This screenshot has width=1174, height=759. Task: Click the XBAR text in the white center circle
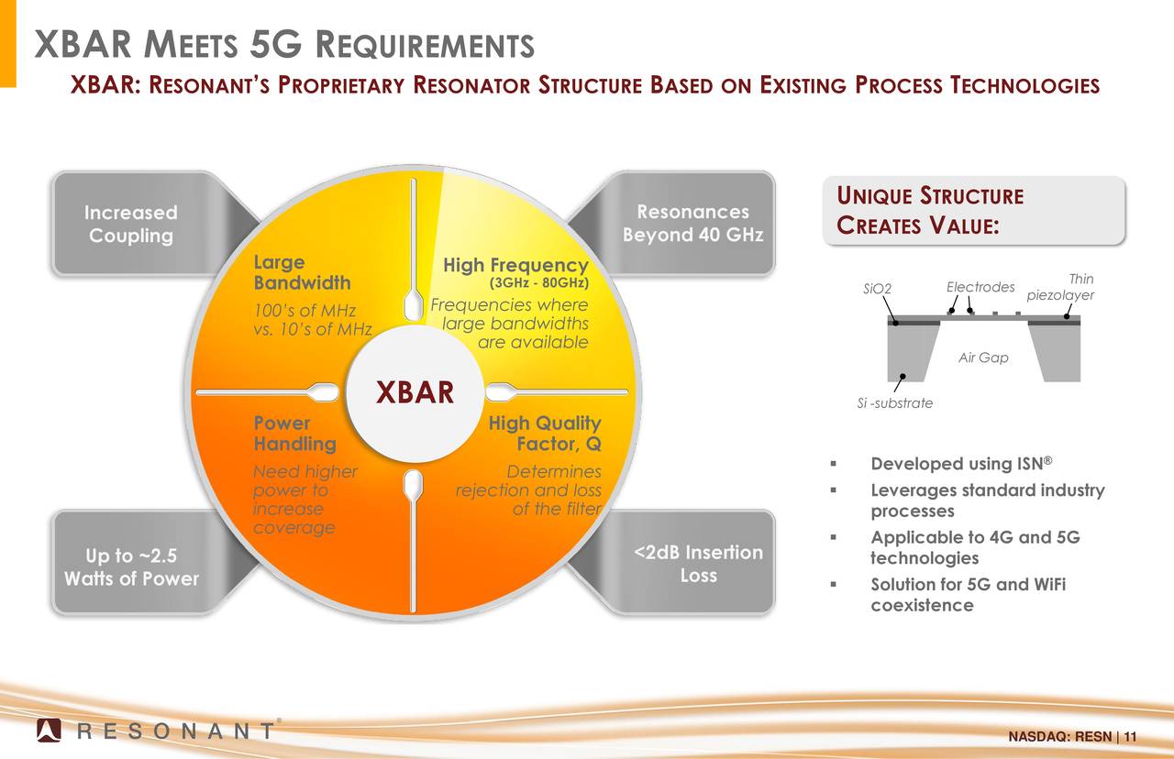pos(415,392)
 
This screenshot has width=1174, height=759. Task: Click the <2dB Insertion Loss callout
pos(692,563)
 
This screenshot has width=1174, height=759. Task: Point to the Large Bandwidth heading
pos(303,272)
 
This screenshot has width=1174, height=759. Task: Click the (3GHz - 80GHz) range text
pos(538,283)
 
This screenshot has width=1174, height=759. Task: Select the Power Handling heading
pos(295,434)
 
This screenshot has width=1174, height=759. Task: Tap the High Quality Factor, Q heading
pos(545,434)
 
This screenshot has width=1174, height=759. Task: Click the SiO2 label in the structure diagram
pos(877,289)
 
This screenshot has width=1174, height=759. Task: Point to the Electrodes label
pos(980,287)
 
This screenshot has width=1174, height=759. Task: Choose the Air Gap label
pos(983,357)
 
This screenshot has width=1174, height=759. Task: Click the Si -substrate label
pos(894,402)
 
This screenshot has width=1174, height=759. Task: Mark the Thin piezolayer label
pos(1060,287)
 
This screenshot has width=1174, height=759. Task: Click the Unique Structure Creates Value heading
pos(930,211)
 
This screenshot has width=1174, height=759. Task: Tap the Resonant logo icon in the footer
pos(49,731)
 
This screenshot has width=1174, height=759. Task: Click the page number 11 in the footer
pos(1130,736)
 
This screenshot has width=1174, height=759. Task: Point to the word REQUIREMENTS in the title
pos(425,45)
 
